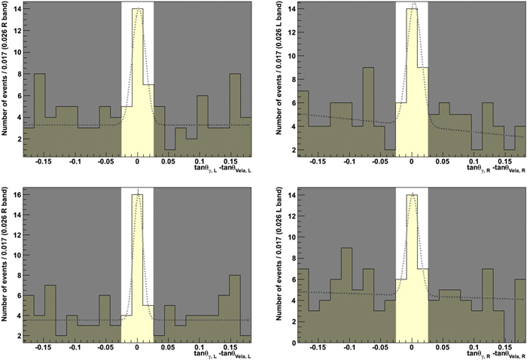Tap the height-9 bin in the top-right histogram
coord(368,113)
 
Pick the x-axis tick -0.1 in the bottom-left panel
coord(75,346)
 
